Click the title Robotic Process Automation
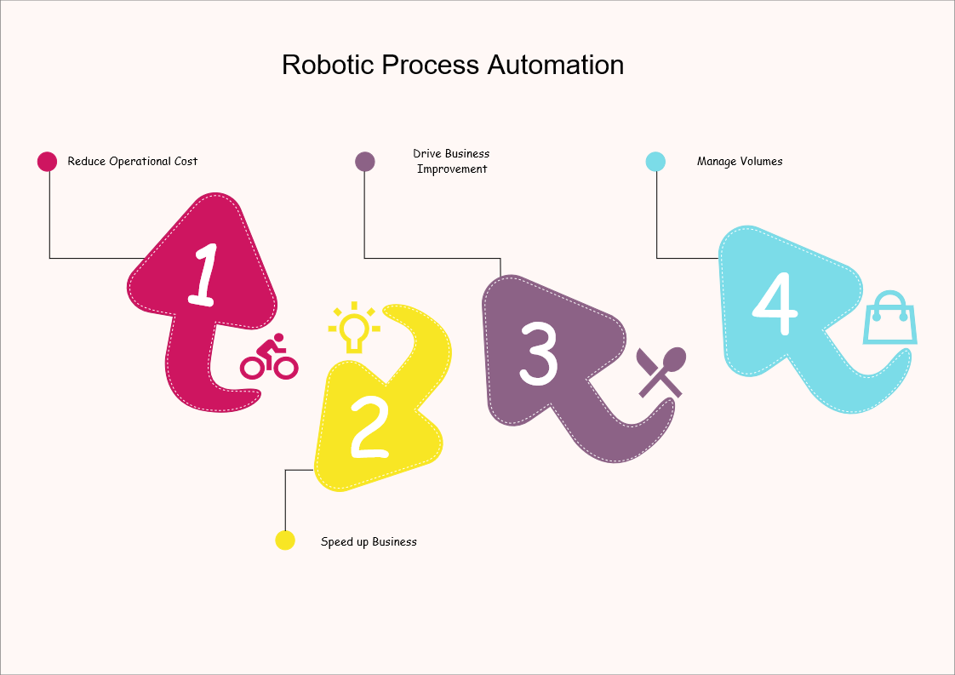(x=452, y=66)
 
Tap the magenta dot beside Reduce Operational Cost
(x=48, y=161)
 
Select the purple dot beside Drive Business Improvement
(x=365, y=161)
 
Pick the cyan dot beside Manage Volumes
(x=655, y=161)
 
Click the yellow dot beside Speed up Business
(x=285, y=540)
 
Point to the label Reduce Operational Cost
(x=133, y=161)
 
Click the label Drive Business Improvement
(x=451, y=161)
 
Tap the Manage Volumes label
(x=740, y=161)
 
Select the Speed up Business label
(x=369, y=541)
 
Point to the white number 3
(x=538, y=352)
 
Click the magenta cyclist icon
(x=269, y=358)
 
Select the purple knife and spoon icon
(x=661, y=372)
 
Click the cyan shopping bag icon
(x=889, y=318)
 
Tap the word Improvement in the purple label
(x=451, y=169)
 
